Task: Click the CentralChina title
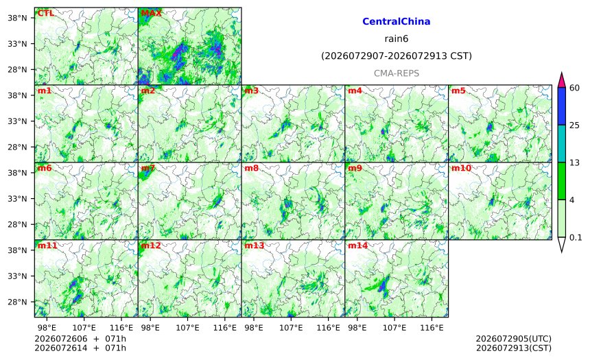coord(397,21)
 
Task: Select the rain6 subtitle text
coord(397,39)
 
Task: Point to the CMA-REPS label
coord(397,73)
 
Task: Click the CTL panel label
coord(45,13)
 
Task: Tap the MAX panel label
coord(151,13)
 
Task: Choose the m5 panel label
coord(458,91)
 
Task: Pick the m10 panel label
coord(461,168)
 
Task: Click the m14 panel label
coord(357,245)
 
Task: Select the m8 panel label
coord(251,168)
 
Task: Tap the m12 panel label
coord(150,245)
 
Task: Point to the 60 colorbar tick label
coord(575,88)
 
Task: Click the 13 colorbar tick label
coord(575,163)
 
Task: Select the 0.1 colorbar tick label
coord(576,238)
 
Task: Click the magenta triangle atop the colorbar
coord(562,80)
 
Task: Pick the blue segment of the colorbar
coord(562,106)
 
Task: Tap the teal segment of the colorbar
coord(562,143)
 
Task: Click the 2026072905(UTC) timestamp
coord(514,339)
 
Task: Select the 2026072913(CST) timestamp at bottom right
coord(514,348)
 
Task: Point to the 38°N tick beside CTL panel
coord(17,18)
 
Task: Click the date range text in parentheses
coord(397,56)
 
